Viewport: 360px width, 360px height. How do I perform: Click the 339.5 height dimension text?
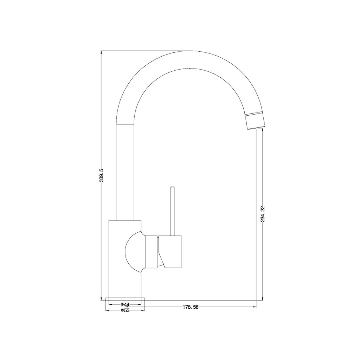(x=102, y=175)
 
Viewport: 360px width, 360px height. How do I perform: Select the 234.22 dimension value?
(x=263, y=214)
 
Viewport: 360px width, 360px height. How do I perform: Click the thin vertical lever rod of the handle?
(x=173, y=211)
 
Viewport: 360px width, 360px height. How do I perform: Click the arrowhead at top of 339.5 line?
(x=102, y=53)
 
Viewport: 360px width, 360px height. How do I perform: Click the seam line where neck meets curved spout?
(x=125, y=124)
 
